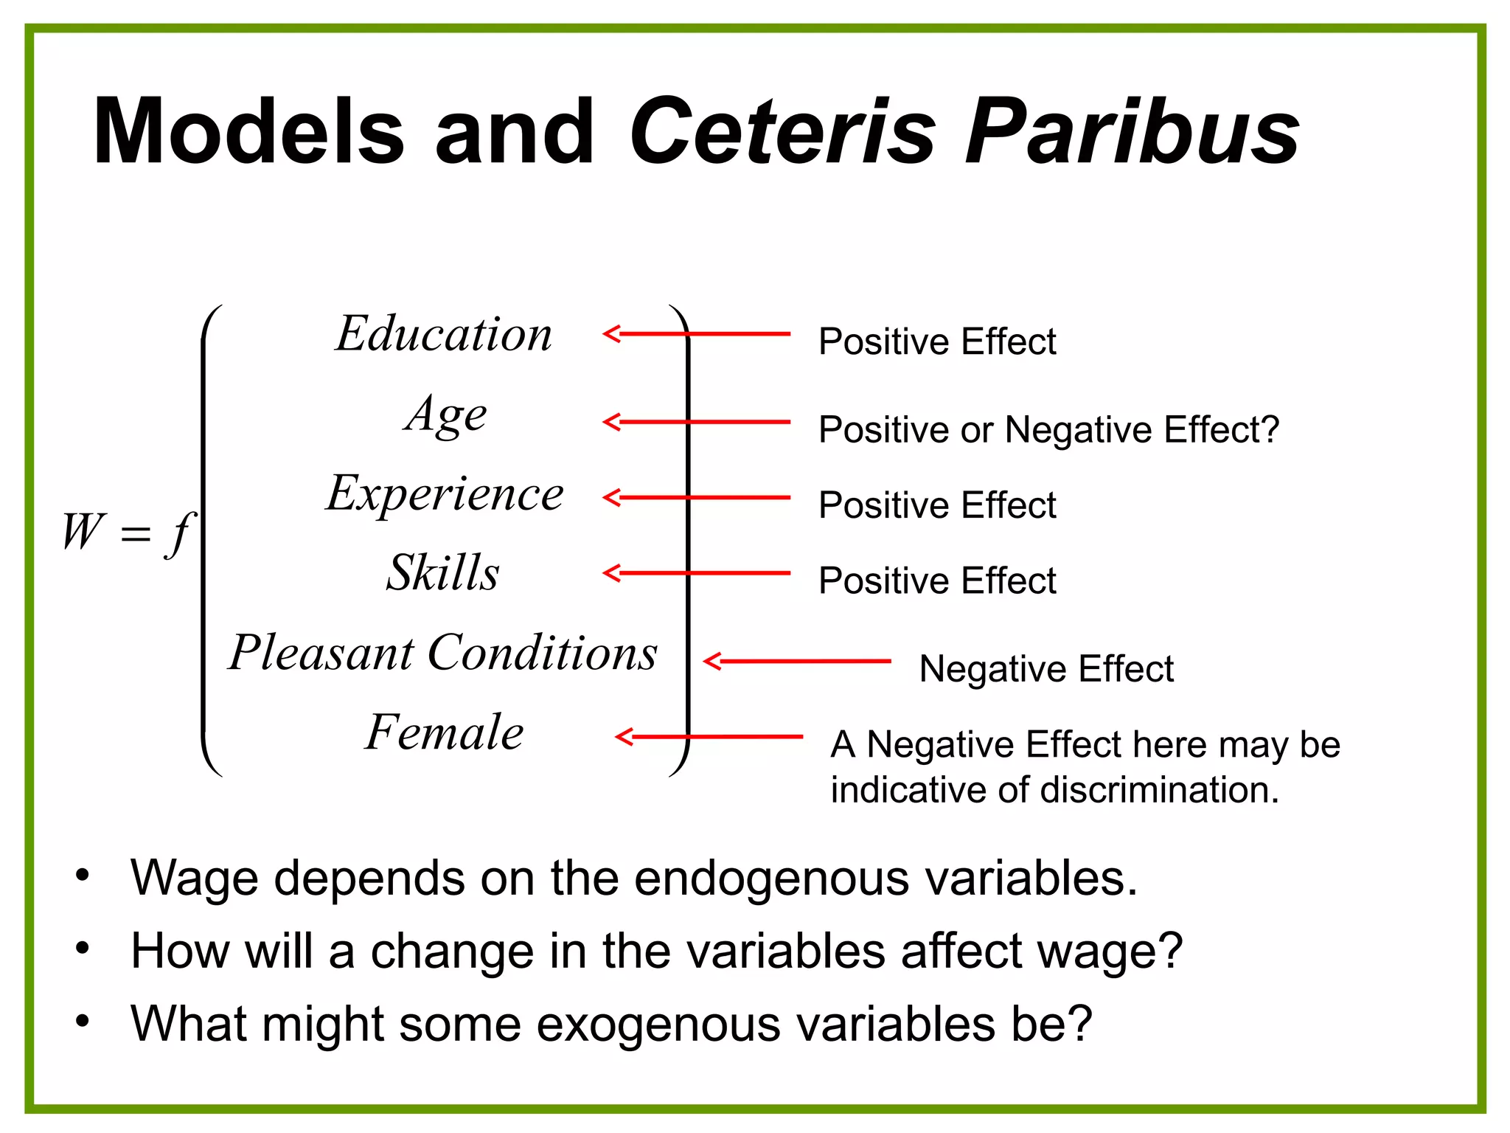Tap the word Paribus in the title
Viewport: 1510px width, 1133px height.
[1132, 133]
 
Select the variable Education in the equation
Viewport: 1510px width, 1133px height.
[444, 334]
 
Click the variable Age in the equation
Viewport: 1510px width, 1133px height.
[446, 415]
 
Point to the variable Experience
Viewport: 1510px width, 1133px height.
[445, 493]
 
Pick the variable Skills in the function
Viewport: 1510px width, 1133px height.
[443, 573]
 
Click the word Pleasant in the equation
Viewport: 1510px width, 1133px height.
[321, 653]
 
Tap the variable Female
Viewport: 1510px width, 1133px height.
[445, 732]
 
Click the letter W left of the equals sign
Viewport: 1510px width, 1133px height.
[83, 531]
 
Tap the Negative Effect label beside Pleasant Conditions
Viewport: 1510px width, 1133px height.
[1046, 669]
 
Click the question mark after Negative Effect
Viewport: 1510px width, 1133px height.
[1270, 429]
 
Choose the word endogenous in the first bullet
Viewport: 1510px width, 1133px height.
[771, 878]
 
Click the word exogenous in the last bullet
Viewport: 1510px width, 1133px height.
[658, 1025]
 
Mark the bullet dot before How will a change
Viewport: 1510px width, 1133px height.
[82, 949]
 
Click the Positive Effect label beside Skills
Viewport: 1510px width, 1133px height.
[937, 581]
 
